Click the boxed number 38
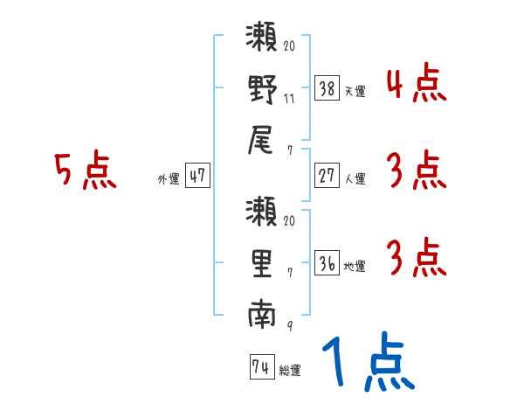327,87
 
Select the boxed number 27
327,175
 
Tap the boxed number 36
327,262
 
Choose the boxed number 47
196,176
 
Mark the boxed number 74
261,368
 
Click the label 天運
355,90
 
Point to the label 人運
355,178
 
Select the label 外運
168,178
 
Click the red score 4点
416,86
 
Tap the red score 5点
85,171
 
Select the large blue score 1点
366,363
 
